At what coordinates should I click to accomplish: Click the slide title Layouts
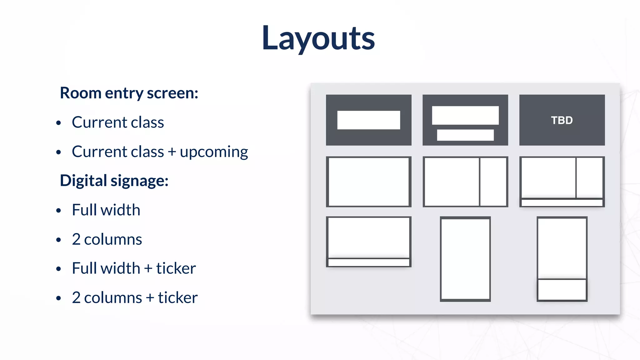[318, 38]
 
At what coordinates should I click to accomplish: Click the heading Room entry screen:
[129, 93]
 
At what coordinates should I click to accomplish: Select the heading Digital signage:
[114, 181]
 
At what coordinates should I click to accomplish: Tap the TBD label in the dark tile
[562, 120]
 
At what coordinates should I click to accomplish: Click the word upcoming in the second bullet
[214, 152]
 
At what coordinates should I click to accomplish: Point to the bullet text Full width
[106, 210]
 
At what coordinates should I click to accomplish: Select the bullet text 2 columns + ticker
[135, 297]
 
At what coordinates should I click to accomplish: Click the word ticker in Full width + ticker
[176, 268]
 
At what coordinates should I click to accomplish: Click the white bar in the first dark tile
[368, 120]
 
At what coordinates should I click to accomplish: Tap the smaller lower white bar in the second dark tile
[465, 135]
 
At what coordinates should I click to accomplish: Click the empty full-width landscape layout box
[368, 182]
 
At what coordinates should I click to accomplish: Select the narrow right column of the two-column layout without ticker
[493, 182]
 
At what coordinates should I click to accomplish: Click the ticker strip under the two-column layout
[562, 203]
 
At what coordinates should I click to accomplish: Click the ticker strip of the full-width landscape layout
[368, 262]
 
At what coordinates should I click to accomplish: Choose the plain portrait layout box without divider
[465, 259]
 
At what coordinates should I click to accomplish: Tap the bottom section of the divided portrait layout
[562, 289]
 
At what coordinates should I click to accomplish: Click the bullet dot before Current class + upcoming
[58, 152]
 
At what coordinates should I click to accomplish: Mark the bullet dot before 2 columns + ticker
[58, 298]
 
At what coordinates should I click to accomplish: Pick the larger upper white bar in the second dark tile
[465, 115]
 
